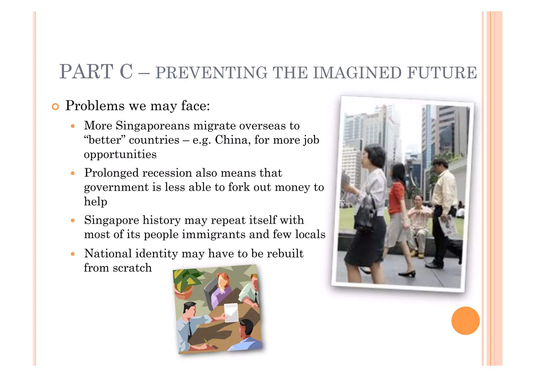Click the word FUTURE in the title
tap(442, 73)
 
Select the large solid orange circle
tap(465, 320)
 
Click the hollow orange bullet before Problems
tap(55, 107)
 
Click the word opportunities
tap(120, 154)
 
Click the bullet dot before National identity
tap(73, 254)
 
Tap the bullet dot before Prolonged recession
tap(73, 173)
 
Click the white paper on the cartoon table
tap(231, 312)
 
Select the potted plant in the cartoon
tap(185, 284)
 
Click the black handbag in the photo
tap(366, 214)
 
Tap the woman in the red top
tap(397, 201)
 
